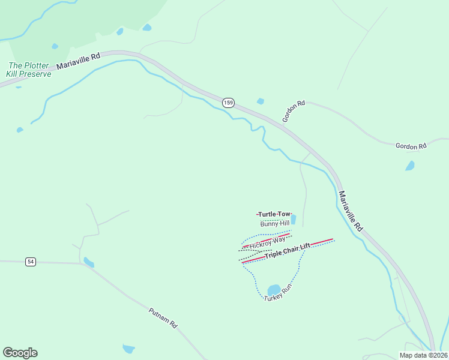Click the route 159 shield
(228, 103)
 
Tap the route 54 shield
(31, 262)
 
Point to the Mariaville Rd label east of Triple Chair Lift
(351, 212)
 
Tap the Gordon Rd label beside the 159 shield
(294, 112)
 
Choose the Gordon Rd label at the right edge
(411, 146)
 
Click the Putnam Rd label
(163, 317)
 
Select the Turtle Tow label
(274, 214)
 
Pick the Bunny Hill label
(275, 223)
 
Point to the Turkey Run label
(278, 292)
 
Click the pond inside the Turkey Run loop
(274, 290)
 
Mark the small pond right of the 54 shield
(89, 262)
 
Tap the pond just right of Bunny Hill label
(294, 220)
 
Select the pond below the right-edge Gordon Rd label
(410, 166)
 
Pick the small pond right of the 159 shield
(261, 101)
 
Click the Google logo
(20, 353)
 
